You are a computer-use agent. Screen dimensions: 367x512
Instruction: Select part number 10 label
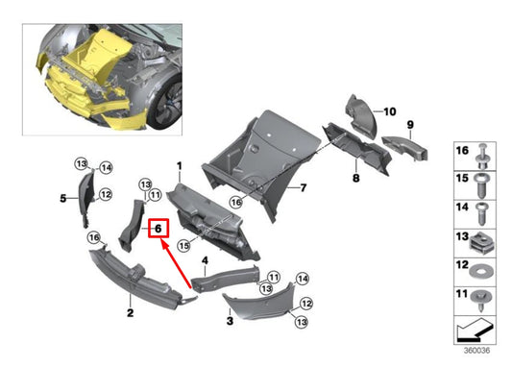pyautogui.click(x=390, y=112)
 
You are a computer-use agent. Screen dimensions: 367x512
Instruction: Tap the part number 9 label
pyautogui.click(x=408, y=125)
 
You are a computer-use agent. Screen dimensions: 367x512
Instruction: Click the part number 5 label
pyautogui.click(x=63, y=198)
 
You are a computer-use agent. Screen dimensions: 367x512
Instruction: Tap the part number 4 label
pyautogui.click(x=205, y=260)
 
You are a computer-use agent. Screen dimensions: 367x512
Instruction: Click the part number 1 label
pyautogui.click(x=179, y=167)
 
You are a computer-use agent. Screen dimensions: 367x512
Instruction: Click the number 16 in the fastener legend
pyautogui.click(x=458, y=152)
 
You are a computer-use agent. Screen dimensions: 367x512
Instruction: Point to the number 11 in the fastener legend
pyautogui.click(x=458, y=296)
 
